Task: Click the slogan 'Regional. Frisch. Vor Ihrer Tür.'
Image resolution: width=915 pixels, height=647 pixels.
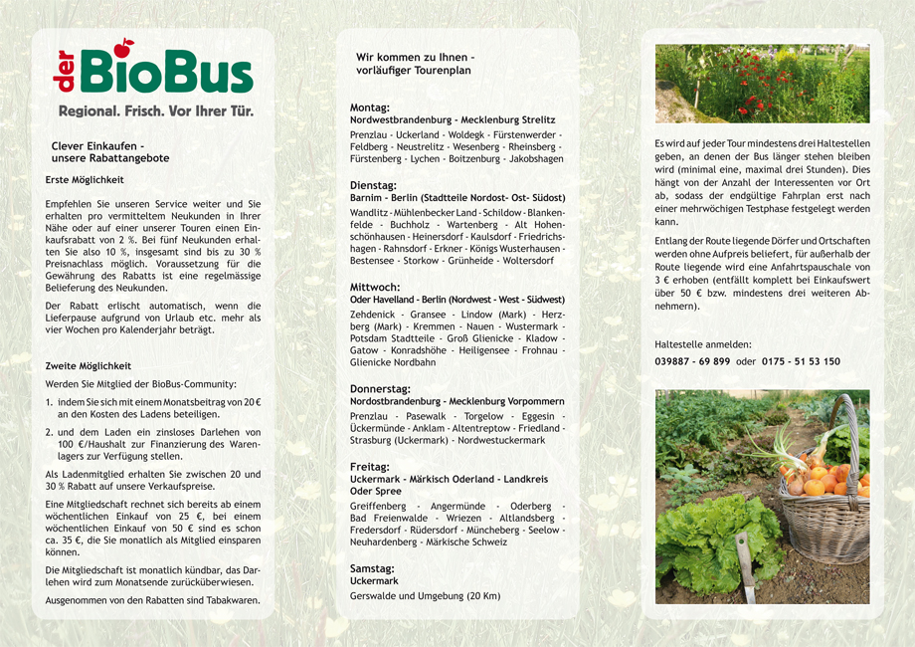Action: coord(156,111)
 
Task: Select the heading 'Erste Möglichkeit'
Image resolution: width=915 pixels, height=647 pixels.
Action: coord(85,180)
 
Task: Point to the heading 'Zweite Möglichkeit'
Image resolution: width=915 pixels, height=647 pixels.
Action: coord(88,366)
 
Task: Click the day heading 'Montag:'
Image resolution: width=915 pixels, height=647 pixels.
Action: coord(370,108)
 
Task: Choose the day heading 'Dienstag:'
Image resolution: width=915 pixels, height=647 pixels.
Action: coord(374,185)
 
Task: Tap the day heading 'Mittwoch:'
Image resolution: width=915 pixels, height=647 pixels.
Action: coord(375,287)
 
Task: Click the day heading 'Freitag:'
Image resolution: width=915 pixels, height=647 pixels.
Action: coord(370,466)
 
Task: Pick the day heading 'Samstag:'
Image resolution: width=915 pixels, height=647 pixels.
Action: coord(373,568)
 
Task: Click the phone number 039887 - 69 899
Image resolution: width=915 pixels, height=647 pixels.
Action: coord(692,361)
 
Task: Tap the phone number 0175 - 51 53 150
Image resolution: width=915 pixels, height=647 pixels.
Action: coord(801,361)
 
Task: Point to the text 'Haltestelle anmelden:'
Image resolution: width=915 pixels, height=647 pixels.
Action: coord(703,344)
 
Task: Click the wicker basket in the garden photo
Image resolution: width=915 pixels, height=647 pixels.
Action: coord(825,508)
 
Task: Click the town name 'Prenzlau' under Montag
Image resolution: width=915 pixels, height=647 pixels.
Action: coord(369,133)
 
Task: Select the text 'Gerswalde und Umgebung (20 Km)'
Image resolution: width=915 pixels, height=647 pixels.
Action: coord(425,595)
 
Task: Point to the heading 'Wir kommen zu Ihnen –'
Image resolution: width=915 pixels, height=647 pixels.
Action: coord(409,57)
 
